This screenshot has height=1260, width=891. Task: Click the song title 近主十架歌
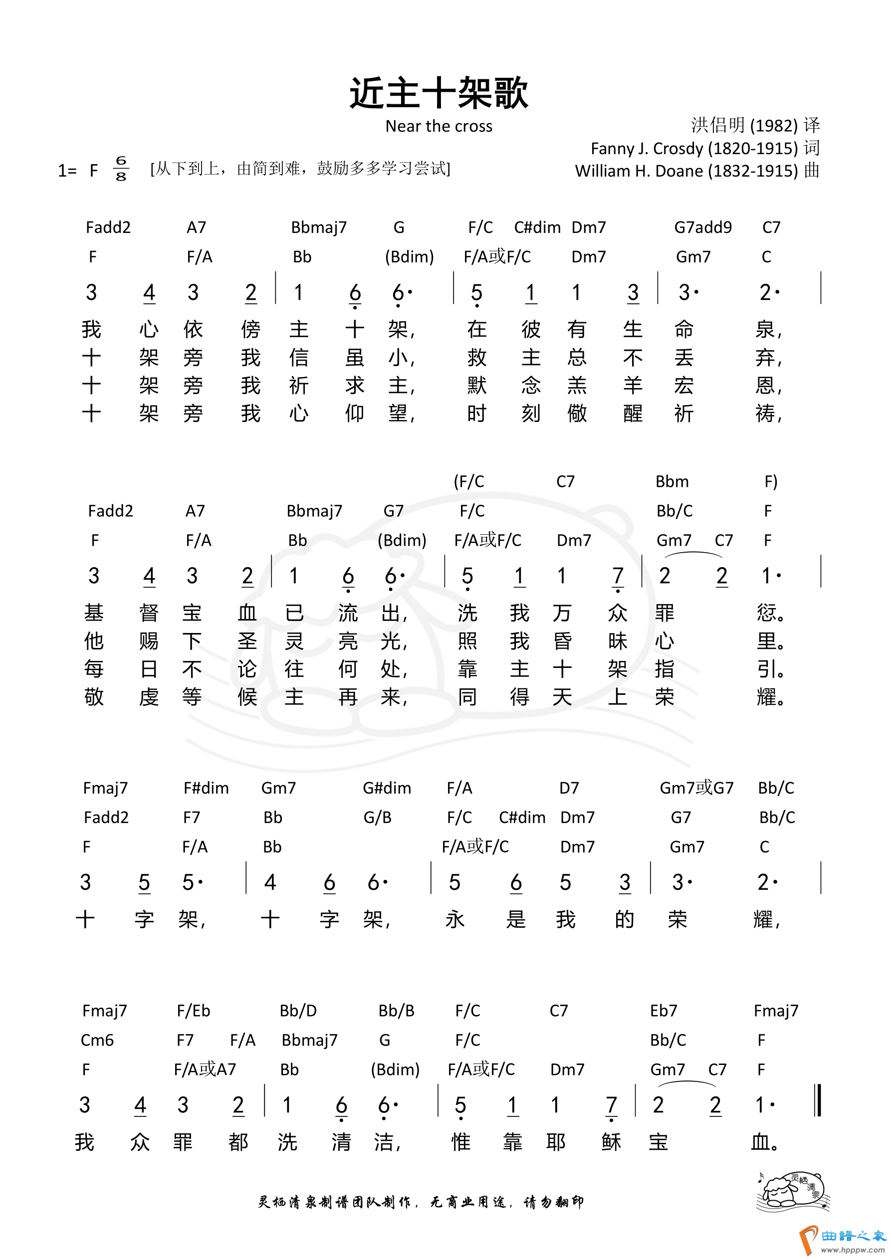(x=439, y=93)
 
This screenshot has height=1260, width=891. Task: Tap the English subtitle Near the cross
(x=439, y=126)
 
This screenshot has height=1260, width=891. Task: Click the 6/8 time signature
(x=121, y=169)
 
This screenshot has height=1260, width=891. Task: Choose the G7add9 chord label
(x=703, y=227)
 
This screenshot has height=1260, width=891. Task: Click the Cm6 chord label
(x=97, y=1040)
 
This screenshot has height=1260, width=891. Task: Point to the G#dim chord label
(x=387, y=789)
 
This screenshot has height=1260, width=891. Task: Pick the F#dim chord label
(x=206, y=789)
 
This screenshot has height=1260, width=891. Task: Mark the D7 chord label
(x=569, y=789)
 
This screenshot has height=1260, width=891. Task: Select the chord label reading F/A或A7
(x=205, y=1069)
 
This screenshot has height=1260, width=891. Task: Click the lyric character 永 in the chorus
(x=455, y=919)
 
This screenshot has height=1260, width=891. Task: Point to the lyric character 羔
(x=576, y=386)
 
